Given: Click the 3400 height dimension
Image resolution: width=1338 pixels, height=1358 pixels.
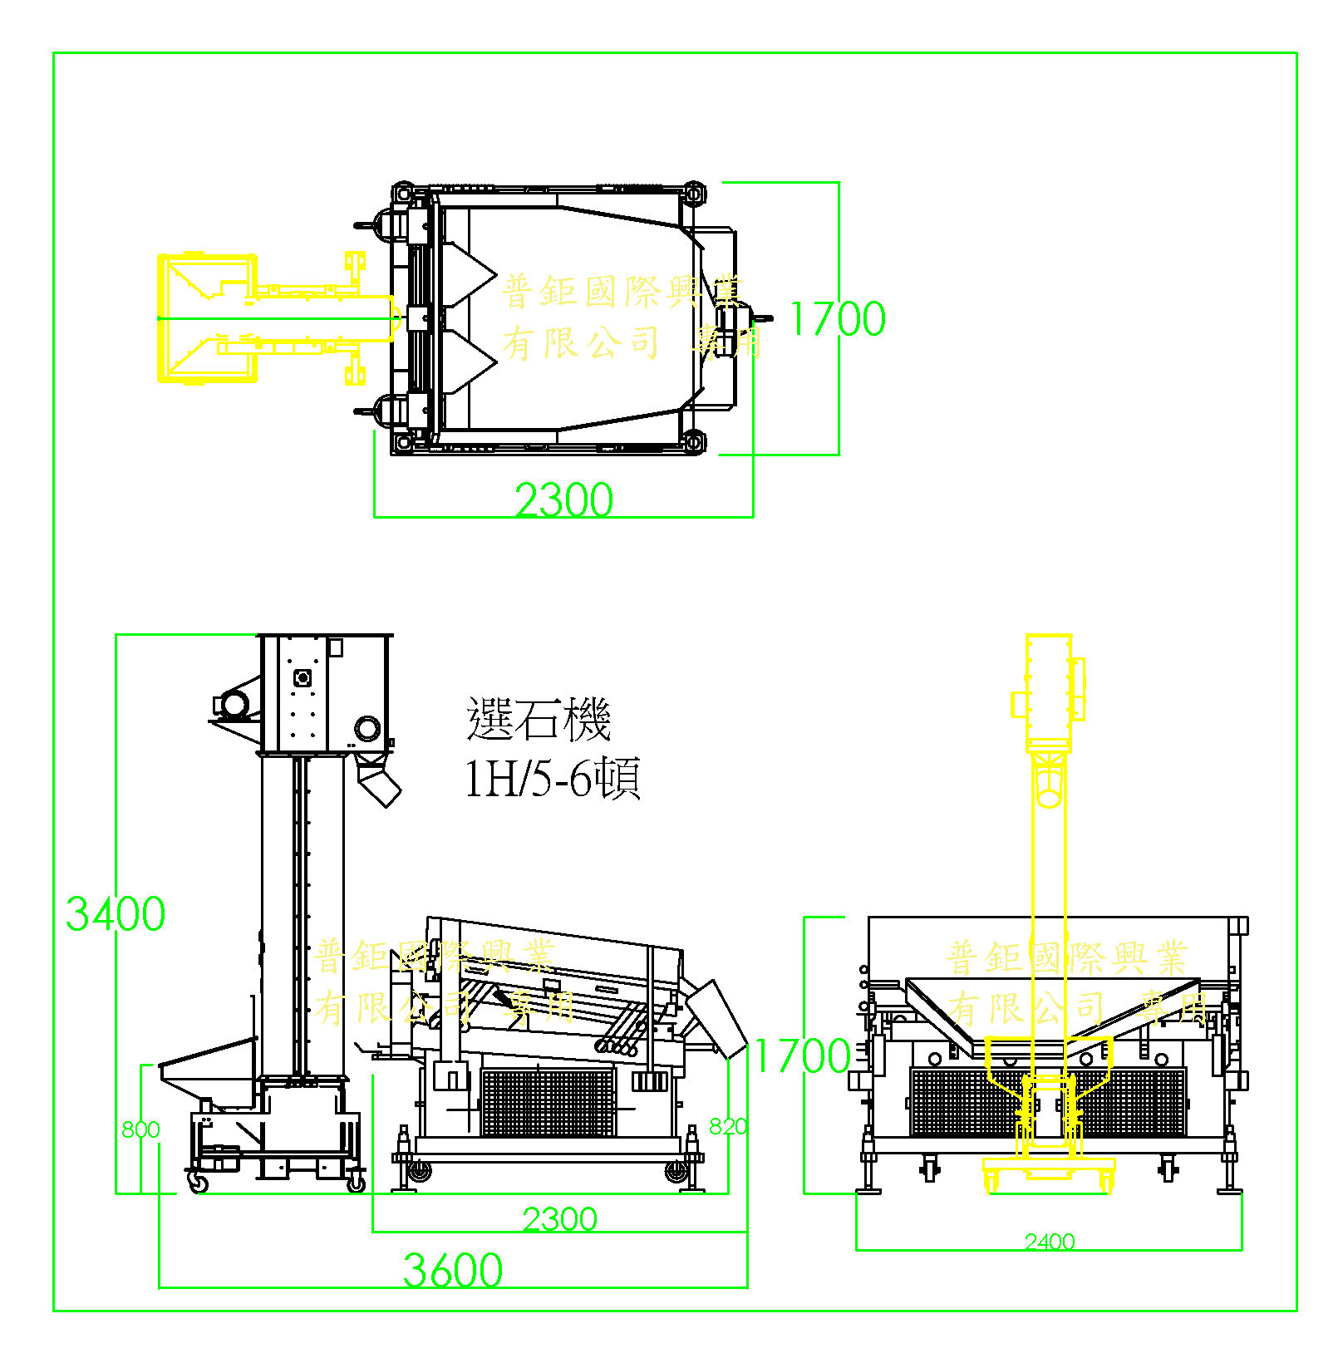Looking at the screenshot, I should tap(115, 913).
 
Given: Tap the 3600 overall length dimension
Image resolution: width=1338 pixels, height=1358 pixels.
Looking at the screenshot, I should tap(452, 1270).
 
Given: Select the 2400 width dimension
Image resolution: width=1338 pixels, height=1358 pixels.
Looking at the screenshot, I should tap(1049, 1242).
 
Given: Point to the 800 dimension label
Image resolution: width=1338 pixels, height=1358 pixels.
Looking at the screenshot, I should tap(140, 1129).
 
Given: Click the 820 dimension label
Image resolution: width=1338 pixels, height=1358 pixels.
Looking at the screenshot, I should tap(727, 1126).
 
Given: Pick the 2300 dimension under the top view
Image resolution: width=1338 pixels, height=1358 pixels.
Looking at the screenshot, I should tap(563, 499).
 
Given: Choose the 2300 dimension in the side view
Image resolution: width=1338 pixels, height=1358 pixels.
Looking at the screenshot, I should tap(559, 1219).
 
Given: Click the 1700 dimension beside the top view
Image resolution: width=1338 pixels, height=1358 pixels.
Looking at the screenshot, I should tap(837, 319).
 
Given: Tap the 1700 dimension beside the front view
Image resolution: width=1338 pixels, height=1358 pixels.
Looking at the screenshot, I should tap(801, 1056).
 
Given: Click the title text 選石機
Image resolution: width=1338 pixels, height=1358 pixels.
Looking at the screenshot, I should tap(539, 719).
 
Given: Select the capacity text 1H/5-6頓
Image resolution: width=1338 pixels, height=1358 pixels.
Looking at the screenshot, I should tap(552, 779).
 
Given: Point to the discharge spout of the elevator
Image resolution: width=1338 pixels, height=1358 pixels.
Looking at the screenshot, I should tap(378, 782).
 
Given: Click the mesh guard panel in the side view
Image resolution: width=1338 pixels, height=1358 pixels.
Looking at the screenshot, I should tap(548, 1101).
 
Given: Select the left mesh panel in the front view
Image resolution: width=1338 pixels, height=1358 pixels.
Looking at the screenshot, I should tap(964, 1101).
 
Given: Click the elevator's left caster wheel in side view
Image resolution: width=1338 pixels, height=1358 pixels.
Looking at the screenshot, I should tap(198, 1182).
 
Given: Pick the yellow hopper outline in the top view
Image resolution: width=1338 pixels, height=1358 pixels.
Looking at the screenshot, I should tap(206, 318).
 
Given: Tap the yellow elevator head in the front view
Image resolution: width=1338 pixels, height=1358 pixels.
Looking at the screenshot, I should tap(1049, 690).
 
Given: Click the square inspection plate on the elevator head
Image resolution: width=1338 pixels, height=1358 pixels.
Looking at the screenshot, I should tap(303, 677).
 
